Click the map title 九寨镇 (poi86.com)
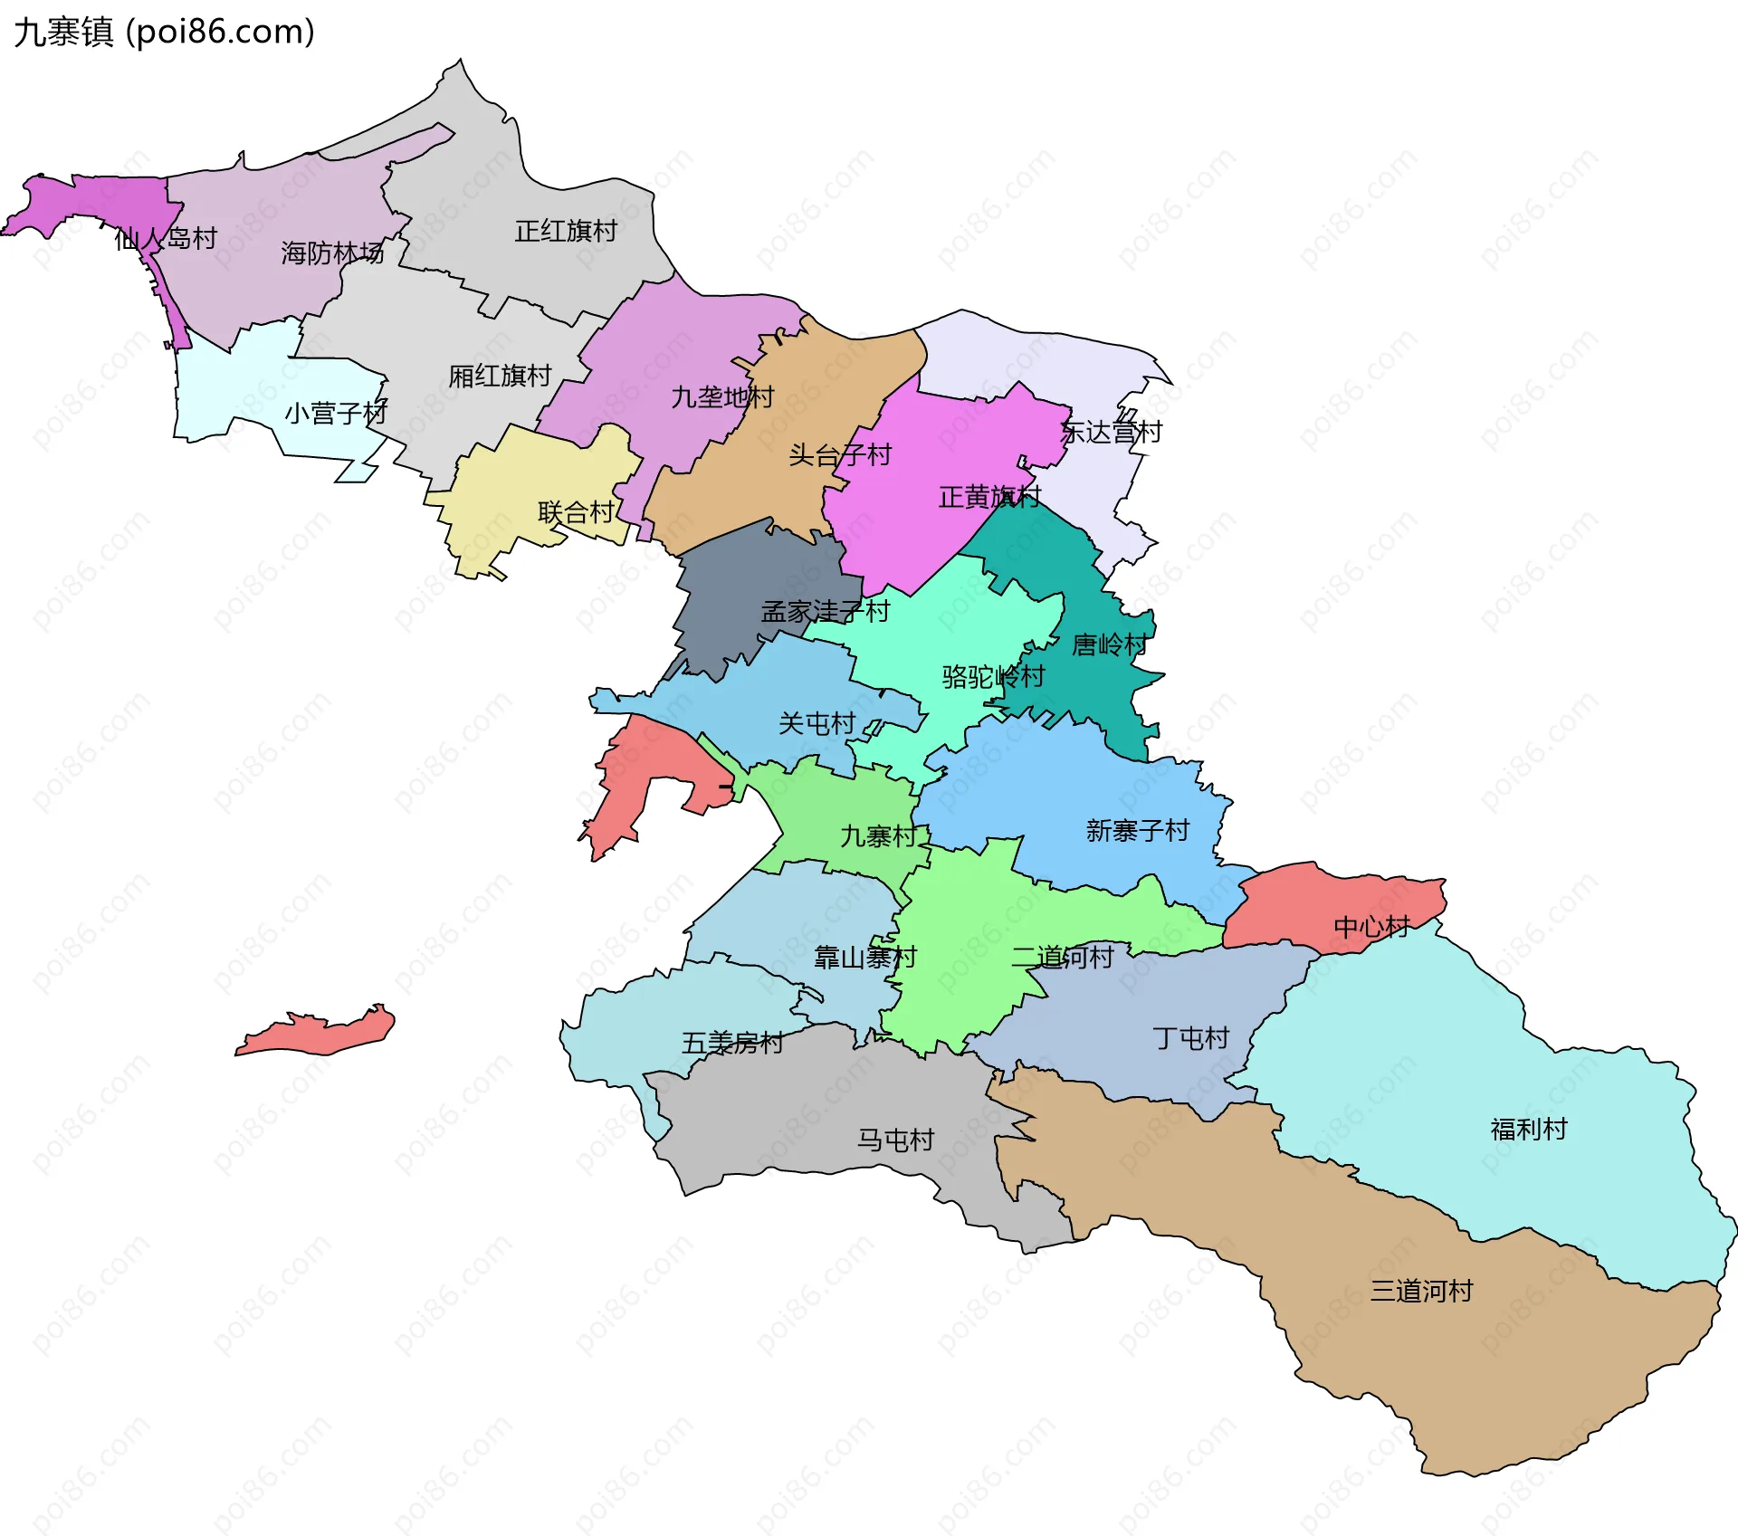(x=164, y=32)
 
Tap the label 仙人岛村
(x=166, y=239)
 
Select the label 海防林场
(x=332, y=253)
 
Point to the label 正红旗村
(x=566, y=232)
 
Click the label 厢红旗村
(x=500, y=376)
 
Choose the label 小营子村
(x=336, y=414)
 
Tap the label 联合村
(x=577, y=513)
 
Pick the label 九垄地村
(x=722, y=397)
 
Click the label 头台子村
(x=840, y=455)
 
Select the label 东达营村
(x=1111, y=433)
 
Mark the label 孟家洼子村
(x=826, y=612)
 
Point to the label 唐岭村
(x=1110, y=645)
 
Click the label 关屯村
(x=817, y=724)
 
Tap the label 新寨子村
(x=1137, y=831)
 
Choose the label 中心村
(x=1371, y=927)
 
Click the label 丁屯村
(x=1190, y=1038)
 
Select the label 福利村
(x=1528, y=1130)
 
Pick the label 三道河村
(x=1421, y=1291)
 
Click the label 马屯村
(x=895, y=1140)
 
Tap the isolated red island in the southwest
(x=317, y=1035)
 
